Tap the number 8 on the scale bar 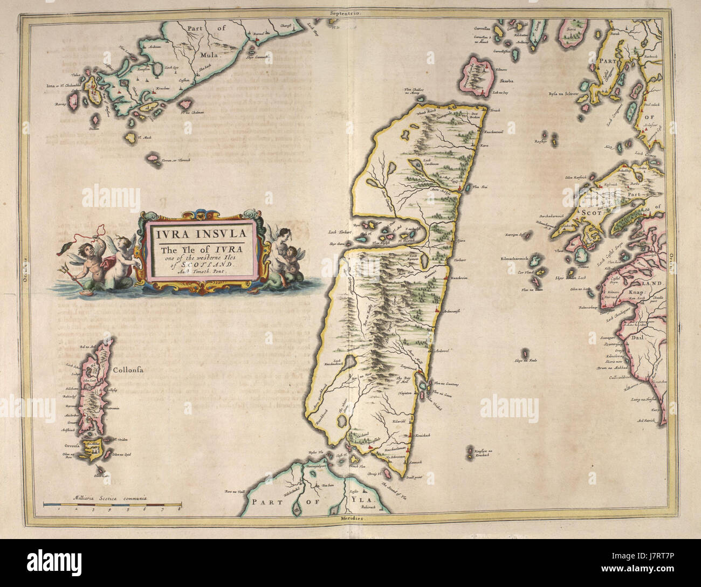180,508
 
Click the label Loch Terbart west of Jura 340,233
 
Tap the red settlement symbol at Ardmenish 435,311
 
